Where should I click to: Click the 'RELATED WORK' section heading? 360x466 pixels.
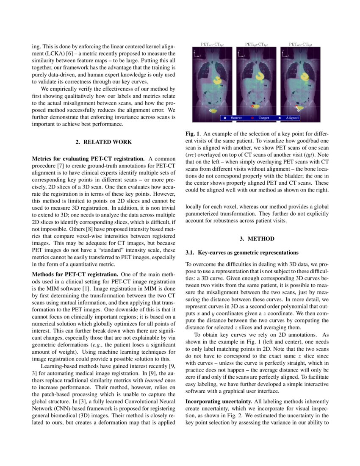coord(104,142)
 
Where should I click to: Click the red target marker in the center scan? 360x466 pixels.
coord(253,106)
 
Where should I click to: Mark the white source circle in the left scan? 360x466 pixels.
coord(210,110)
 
